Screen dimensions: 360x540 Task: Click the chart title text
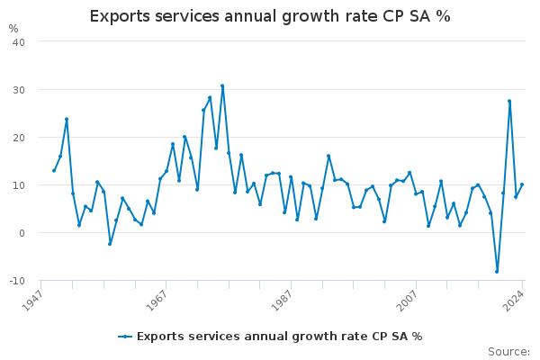click(270, 16)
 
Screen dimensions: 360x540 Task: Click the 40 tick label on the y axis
click(18, 42)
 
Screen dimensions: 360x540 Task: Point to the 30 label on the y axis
click(18, 90)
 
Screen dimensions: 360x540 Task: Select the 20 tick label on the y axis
click(18, 138)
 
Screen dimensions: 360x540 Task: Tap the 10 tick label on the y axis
click(18, 185)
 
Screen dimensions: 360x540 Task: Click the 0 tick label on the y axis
click(21, 233)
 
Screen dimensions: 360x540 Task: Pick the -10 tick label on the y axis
click(16, 281)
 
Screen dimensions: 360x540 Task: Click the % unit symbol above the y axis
click(13, 29)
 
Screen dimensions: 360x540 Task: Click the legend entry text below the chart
click(279, 337)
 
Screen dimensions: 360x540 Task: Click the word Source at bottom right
click(508, 352)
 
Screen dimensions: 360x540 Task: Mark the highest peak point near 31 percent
click(222, 86)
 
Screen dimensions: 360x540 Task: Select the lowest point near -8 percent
click(497, 271)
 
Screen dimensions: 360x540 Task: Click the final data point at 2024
click(522, 184)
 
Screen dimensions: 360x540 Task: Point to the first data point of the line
click(54, 171)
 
